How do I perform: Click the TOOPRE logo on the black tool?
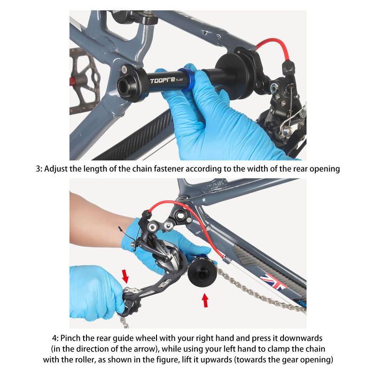[x=163, y=80]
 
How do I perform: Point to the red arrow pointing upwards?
[x=205, y=300]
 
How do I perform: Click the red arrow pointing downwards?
[x=125, y=276]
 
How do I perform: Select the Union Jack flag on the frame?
[x=274, y=282]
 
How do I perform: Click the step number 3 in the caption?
[x=38, y=169]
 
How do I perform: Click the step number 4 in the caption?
[x=55, y=338]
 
